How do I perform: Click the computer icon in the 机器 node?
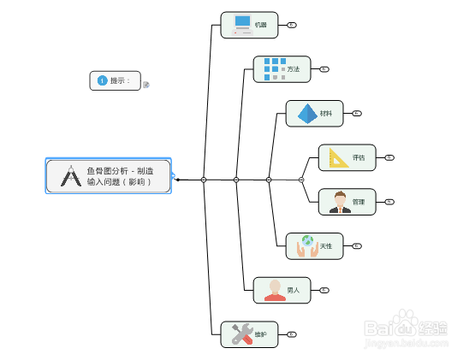(x=241, y=24)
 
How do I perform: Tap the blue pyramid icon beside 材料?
(x=306, y=113)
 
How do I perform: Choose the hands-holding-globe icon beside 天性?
(x=306, y=246)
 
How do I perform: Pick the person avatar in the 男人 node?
(x=274, y=291)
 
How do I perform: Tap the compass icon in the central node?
(x=70, y=176)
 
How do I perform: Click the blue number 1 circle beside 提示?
(x=103, y=80)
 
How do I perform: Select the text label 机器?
(x=261, y=26)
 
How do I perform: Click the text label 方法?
(x=294, y=69)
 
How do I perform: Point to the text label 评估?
(x=359, y=158)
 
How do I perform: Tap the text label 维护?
(x=260, y=335)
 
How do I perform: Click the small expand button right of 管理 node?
(x=389, y=202)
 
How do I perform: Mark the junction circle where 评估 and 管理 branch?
(x=301, y=180)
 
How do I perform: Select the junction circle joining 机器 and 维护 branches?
(x=204, y=180)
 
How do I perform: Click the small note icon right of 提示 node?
(x=146, y=85)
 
